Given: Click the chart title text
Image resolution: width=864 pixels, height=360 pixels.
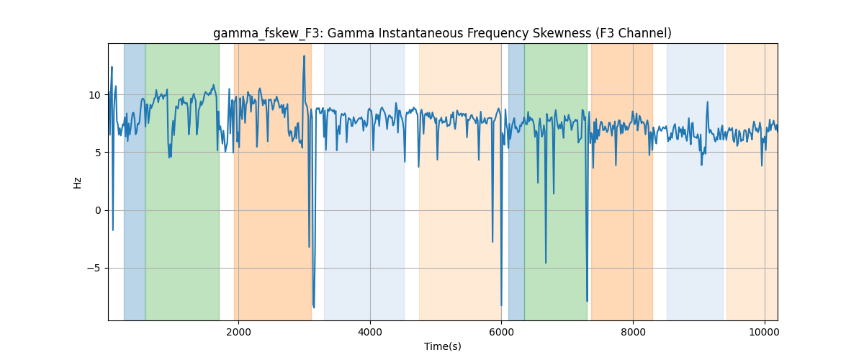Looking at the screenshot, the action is (x=442, y=34).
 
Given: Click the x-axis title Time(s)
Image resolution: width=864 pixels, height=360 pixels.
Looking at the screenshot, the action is (x=442, y=346).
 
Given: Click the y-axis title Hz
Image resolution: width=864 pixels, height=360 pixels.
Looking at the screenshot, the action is (x=78, y=183).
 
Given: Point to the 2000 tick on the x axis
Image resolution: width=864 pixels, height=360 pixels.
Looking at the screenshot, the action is (x=239, y=332).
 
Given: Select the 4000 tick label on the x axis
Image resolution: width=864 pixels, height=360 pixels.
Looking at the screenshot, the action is (x=370, y=332).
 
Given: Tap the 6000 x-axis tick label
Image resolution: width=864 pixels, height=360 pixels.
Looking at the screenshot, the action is (x=501, y=332).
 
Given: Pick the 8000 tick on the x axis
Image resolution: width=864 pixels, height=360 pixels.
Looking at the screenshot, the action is (x=633, y=332).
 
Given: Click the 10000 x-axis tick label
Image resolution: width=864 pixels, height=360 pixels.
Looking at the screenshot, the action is (x=765, y=332).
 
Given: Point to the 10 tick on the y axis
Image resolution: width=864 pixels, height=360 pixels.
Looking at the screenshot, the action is (x=94, y=95).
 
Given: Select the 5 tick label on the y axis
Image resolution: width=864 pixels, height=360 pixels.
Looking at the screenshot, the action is (x=98, y=153).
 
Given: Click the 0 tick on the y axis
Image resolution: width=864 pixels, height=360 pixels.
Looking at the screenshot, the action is (x=98, y=211).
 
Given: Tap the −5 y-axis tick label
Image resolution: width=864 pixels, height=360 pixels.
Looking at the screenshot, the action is (x=94, y=268).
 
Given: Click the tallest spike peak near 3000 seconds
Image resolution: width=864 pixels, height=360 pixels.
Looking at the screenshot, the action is (x=305, y=56).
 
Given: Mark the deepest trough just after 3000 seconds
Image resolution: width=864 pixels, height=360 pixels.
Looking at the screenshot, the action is (x=314, y=307).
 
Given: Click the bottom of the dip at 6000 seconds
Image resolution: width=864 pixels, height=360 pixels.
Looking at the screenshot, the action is (x=501, y=305).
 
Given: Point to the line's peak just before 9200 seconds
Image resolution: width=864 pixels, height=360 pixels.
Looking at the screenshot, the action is (x=707, y=102).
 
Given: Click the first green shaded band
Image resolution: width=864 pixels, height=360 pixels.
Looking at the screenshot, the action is (x=182, y=181).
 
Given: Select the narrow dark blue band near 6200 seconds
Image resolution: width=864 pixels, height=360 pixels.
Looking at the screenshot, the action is (x=516, y=181).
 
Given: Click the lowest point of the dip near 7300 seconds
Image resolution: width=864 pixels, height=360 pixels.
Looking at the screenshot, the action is (x=587, y=300).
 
